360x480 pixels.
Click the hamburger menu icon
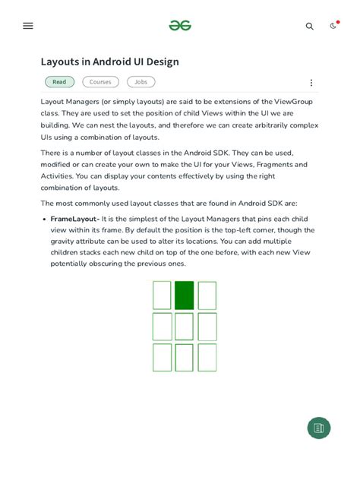point(28,26)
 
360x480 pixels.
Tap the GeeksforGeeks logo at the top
point(180,26)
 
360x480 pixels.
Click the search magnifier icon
point(309,26)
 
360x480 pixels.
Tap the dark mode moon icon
point(333,26)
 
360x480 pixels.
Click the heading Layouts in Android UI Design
point(109,62)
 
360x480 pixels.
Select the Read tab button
point(59,82)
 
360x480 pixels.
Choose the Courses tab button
point(100,82)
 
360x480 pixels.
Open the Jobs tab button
point(141,82)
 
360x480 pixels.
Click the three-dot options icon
point(311,83)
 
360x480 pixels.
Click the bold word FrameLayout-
point(75,219)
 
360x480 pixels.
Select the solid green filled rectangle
point(185,295)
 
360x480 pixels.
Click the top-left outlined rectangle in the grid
point(162,295)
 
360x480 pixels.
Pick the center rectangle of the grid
point(185,327)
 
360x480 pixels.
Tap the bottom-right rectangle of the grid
point(207,357)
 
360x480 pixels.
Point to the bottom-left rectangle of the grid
point(162,357)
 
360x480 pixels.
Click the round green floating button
point(319,428)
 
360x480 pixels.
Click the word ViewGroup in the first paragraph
point(292,102)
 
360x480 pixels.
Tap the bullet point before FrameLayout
point(44,219)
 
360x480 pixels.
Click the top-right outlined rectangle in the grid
point(207,295)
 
